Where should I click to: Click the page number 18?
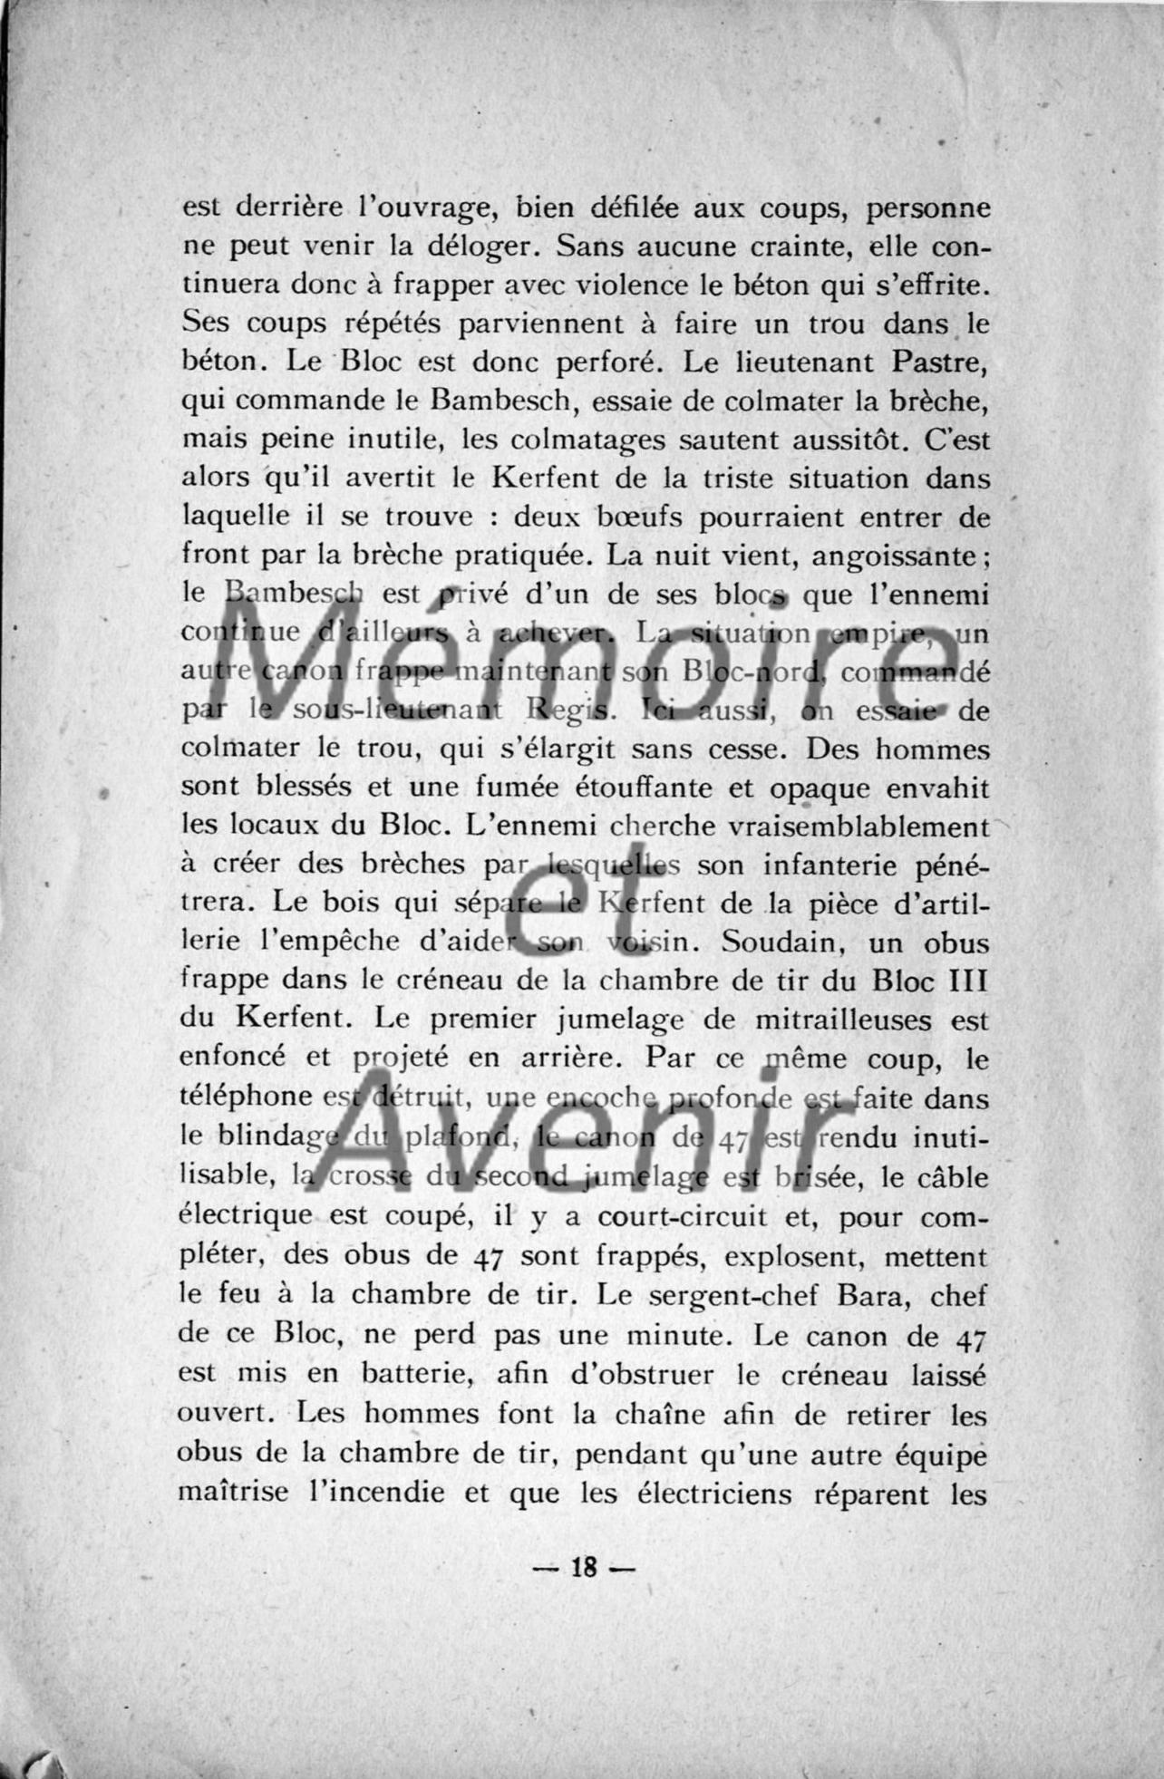tap(583, 1568)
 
